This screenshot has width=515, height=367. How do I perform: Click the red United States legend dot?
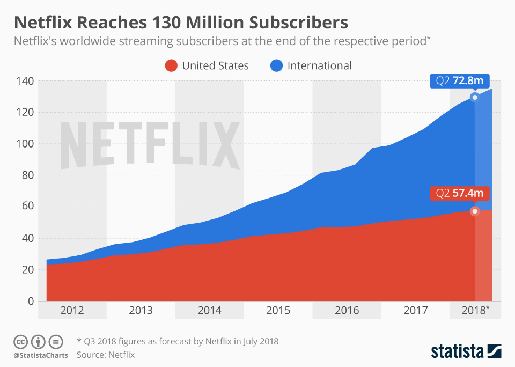pyautogui.click(x=171, y=66)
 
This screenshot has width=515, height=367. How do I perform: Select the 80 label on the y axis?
pyautogui.click(x=27, y=175)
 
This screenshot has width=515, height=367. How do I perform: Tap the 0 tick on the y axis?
pyautogui.click(x=31, y=301)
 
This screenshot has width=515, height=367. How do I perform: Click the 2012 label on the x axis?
pyautogui.click(x=72, y=311)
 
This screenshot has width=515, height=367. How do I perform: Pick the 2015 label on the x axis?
pyautogui.click(x=278, y=311)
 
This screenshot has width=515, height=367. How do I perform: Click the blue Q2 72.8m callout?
pyautogui.click(x=460, y=81)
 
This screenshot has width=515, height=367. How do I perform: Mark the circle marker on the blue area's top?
pyautogui.click(x=475, y=97)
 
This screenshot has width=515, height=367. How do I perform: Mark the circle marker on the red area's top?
pyautogui.click(x=475, y=211)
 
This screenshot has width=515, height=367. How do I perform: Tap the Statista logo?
pyautogui.click(x=466, y=351)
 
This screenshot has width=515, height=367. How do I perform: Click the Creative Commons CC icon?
pyautogui.click(x=21, y=341)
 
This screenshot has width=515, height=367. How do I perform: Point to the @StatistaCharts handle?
pyautogui.click(x=41, y=355)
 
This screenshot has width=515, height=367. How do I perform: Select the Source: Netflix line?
pyautogui.click(x=106, y=355)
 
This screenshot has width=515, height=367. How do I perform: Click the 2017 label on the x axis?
pyautogui.click(x=415, y=311)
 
